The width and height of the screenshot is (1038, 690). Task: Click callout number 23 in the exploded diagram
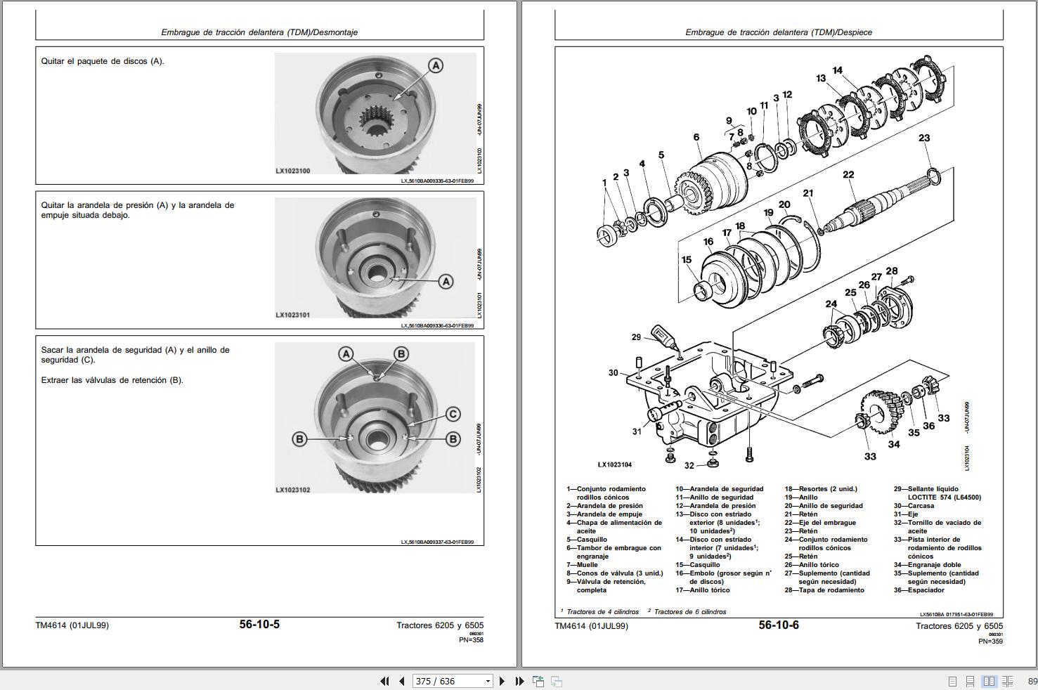923,138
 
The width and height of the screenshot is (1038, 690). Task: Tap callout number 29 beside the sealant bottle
636,337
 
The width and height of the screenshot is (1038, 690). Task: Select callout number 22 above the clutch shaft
848,175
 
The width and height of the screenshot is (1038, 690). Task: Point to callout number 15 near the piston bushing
686,260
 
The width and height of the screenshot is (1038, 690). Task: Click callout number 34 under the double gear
893,444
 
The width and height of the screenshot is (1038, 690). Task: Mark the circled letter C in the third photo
453,414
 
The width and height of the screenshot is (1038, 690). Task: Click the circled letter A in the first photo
436,65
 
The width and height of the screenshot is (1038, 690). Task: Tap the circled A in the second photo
446,281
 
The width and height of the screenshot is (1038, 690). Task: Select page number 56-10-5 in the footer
259,624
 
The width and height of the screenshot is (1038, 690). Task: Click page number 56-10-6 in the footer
778,625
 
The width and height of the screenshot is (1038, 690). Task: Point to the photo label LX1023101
292,315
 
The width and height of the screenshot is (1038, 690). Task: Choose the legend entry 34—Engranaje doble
927,565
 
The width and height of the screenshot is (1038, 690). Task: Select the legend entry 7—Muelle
582,565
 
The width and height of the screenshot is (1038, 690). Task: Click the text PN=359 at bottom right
990,641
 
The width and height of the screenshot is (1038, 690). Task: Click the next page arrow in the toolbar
502,681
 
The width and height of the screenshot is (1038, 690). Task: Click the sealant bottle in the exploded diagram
663,337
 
